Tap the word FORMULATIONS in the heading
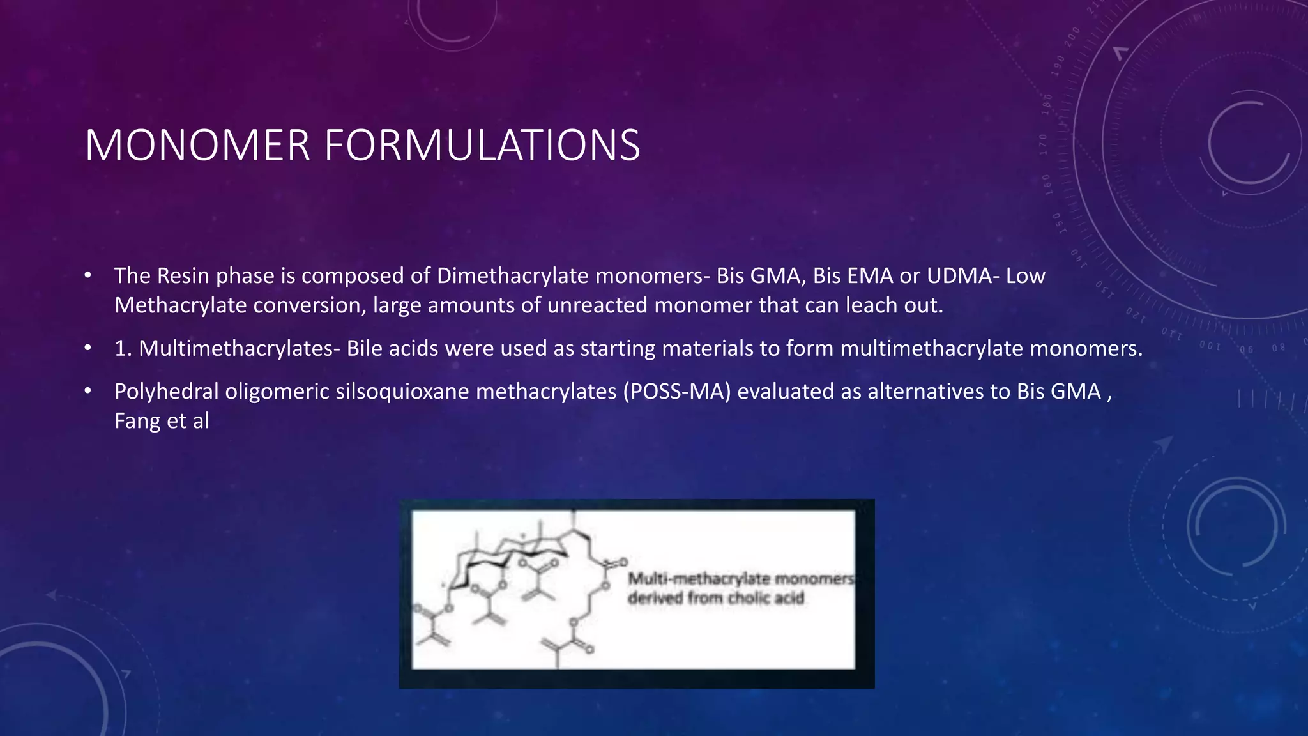click(x=482, y=146)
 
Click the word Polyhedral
click(x=165, y=392)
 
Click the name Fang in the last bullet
click(x=137, y=421)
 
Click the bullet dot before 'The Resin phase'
click(x=88, y=276)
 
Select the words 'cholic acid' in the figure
click(x=766, y=599)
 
